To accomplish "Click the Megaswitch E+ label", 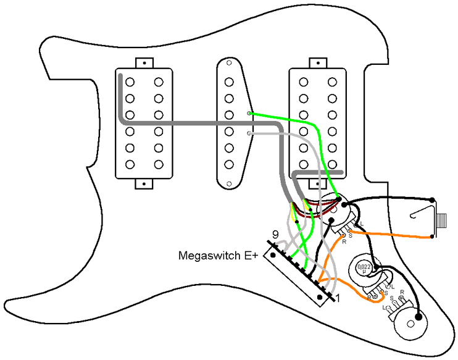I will click(218, 254).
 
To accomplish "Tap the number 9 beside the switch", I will click(275, 235).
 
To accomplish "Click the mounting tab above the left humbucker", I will click(144, 62).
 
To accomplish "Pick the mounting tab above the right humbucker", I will click(317, 62).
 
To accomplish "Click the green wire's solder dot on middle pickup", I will click(249, 114).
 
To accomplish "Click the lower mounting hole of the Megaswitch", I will click(320, 298).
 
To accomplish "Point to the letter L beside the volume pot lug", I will click(362, 224).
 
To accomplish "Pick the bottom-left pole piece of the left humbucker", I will click(130, 164).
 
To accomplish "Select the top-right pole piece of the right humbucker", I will click(332, 81).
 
